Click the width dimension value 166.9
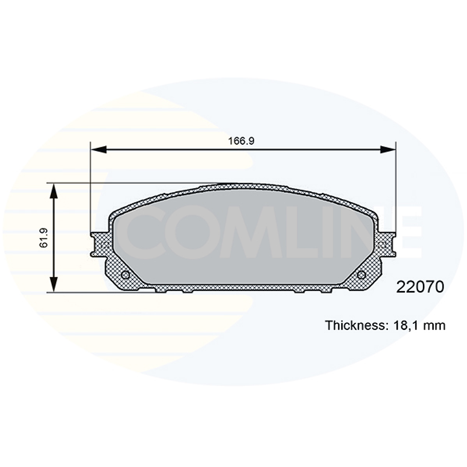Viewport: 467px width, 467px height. click(x=241, y=141)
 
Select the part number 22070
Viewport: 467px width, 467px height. click(x=420, y=287)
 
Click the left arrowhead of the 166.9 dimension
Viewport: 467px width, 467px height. click(x=98, y=149)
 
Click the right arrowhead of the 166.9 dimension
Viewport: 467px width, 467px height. click(x=388, y=149)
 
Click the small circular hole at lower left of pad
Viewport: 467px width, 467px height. click(x=124, y=275)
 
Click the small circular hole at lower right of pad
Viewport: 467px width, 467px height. click(x=361, y=275)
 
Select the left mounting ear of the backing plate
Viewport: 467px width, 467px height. click(x=99, y=244)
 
